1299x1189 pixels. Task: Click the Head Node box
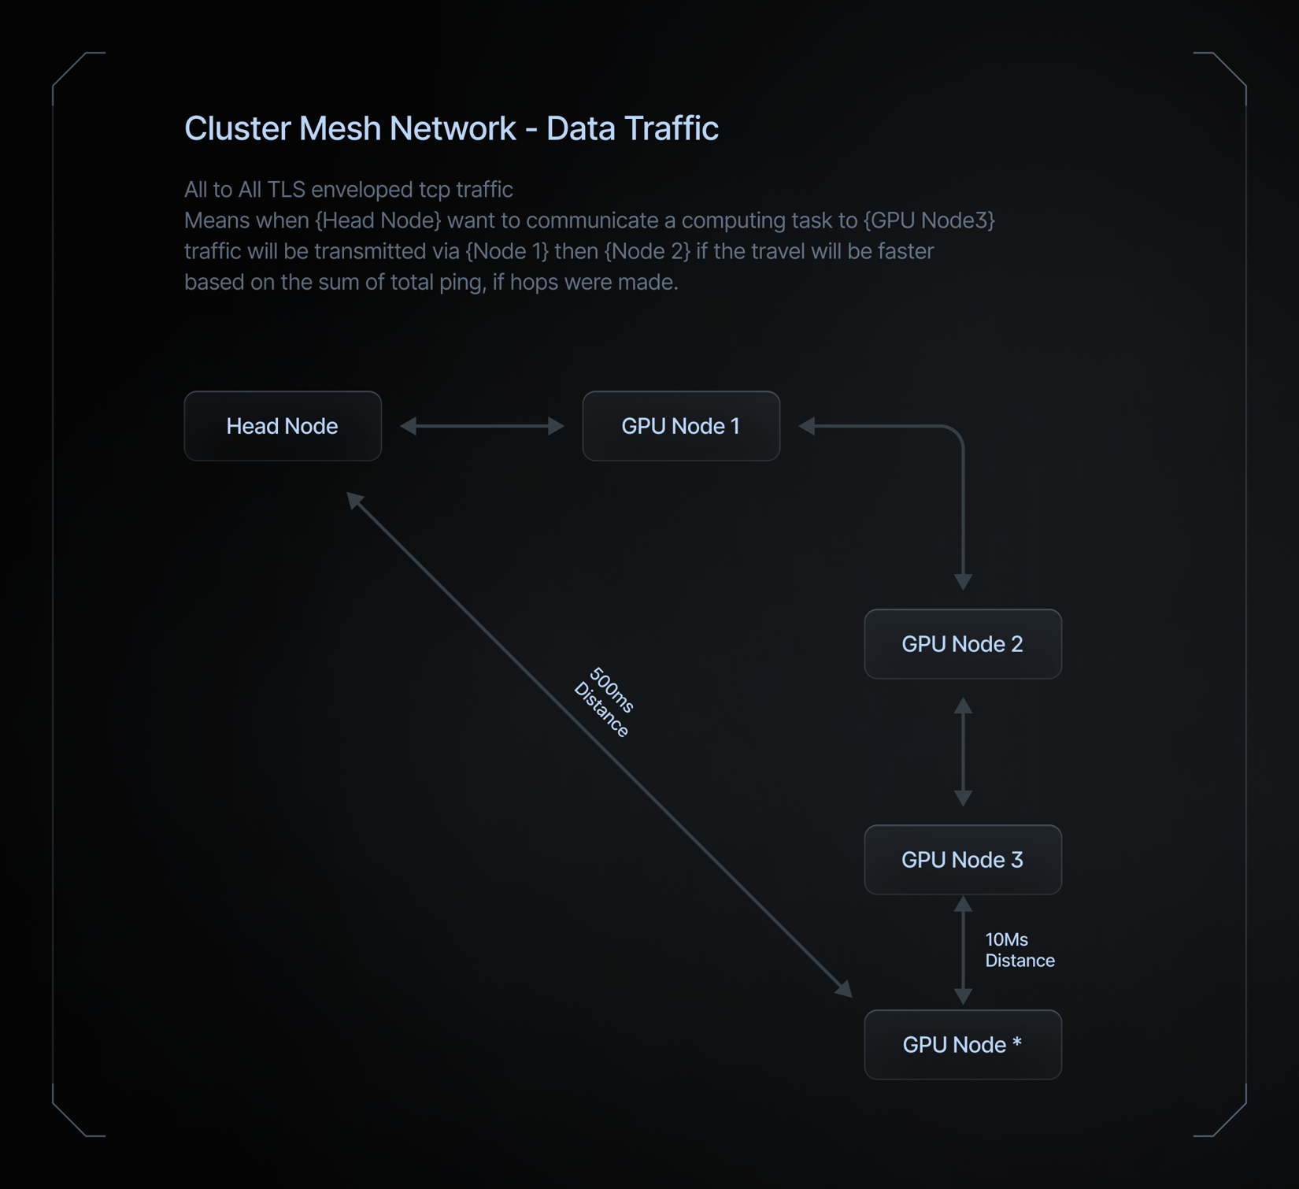click(283, 426)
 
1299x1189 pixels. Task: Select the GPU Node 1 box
click(681, 426)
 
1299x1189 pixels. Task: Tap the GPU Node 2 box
click(963, 644)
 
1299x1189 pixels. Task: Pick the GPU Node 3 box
click(963, 860)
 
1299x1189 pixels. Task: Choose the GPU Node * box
click(963, 1045)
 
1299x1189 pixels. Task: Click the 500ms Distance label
click(605, 702)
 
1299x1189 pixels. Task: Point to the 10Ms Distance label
click(1020, 950)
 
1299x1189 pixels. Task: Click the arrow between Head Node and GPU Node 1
click(483, 426)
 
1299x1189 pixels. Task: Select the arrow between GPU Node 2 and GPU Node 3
click(963, 752)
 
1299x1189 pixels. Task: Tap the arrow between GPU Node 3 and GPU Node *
click(963, 950)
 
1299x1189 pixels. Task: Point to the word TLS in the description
click(287, 190)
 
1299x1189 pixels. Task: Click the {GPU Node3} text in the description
click(929, 220)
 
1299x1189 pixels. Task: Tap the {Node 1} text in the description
click(507, 251)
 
